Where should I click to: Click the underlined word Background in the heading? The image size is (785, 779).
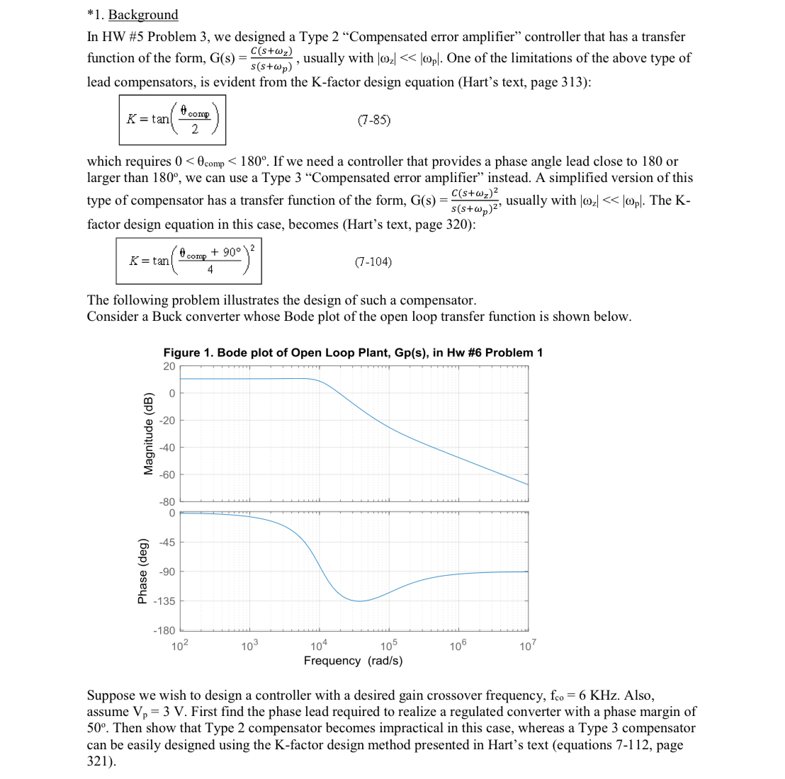(x=143, y=15)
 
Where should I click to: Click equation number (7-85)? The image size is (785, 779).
(x=374, y=120)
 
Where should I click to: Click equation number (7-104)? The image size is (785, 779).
(x=373, y=262)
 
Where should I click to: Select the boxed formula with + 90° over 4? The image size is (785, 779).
(x=190, y=261)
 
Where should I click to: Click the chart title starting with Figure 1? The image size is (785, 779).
(x=353, y=353)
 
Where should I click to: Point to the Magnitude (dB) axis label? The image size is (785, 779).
(x=149, y=433)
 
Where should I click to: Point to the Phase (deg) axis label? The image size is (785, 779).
(x=142, y=571)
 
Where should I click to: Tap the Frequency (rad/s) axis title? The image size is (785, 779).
(x=353, y=661)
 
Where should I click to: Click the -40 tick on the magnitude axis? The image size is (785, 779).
(x=167, y=447)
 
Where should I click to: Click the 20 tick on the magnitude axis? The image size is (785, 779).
(x=169, y=366)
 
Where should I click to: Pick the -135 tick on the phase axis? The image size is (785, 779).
(x=164, y=601)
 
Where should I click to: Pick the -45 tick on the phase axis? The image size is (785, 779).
(x=166, y=542)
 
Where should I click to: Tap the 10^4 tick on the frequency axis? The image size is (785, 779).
(x=319, y=646)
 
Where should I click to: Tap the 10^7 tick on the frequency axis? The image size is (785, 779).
(x=528, y=646)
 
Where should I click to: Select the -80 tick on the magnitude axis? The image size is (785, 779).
(x=167, y=501)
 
